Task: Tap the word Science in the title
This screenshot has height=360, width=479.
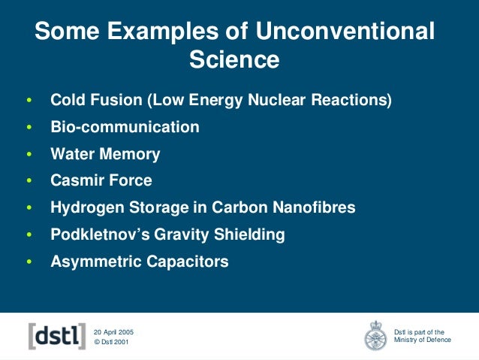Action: pyautogui.click(x=234, y=59)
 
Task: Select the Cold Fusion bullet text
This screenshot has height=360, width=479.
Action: pyautogui.click(x=221, y=100)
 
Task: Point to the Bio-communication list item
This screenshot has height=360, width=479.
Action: pyautogui.click(x=125, y=127)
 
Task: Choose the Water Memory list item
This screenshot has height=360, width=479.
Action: pyautogui.click(x=105, y=154)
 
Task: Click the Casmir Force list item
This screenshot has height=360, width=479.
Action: pyautogui.click(x=101, y=180)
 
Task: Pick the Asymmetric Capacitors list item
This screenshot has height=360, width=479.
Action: pyautogui.click(x=139, y=262)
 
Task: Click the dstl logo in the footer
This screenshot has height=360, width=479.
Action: pyautogui.click(x=56, y=336)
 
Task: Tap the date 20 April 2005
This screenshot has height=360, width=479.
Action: pyautogui.click(x=113, y=331)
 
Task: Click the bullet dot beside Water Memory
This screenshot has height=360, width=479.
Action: pyautogui.click(x=29, y=155)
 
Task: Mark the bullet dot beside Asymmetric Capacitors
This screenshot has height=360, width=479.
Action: pyautogui.click(x=29, y=262)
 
